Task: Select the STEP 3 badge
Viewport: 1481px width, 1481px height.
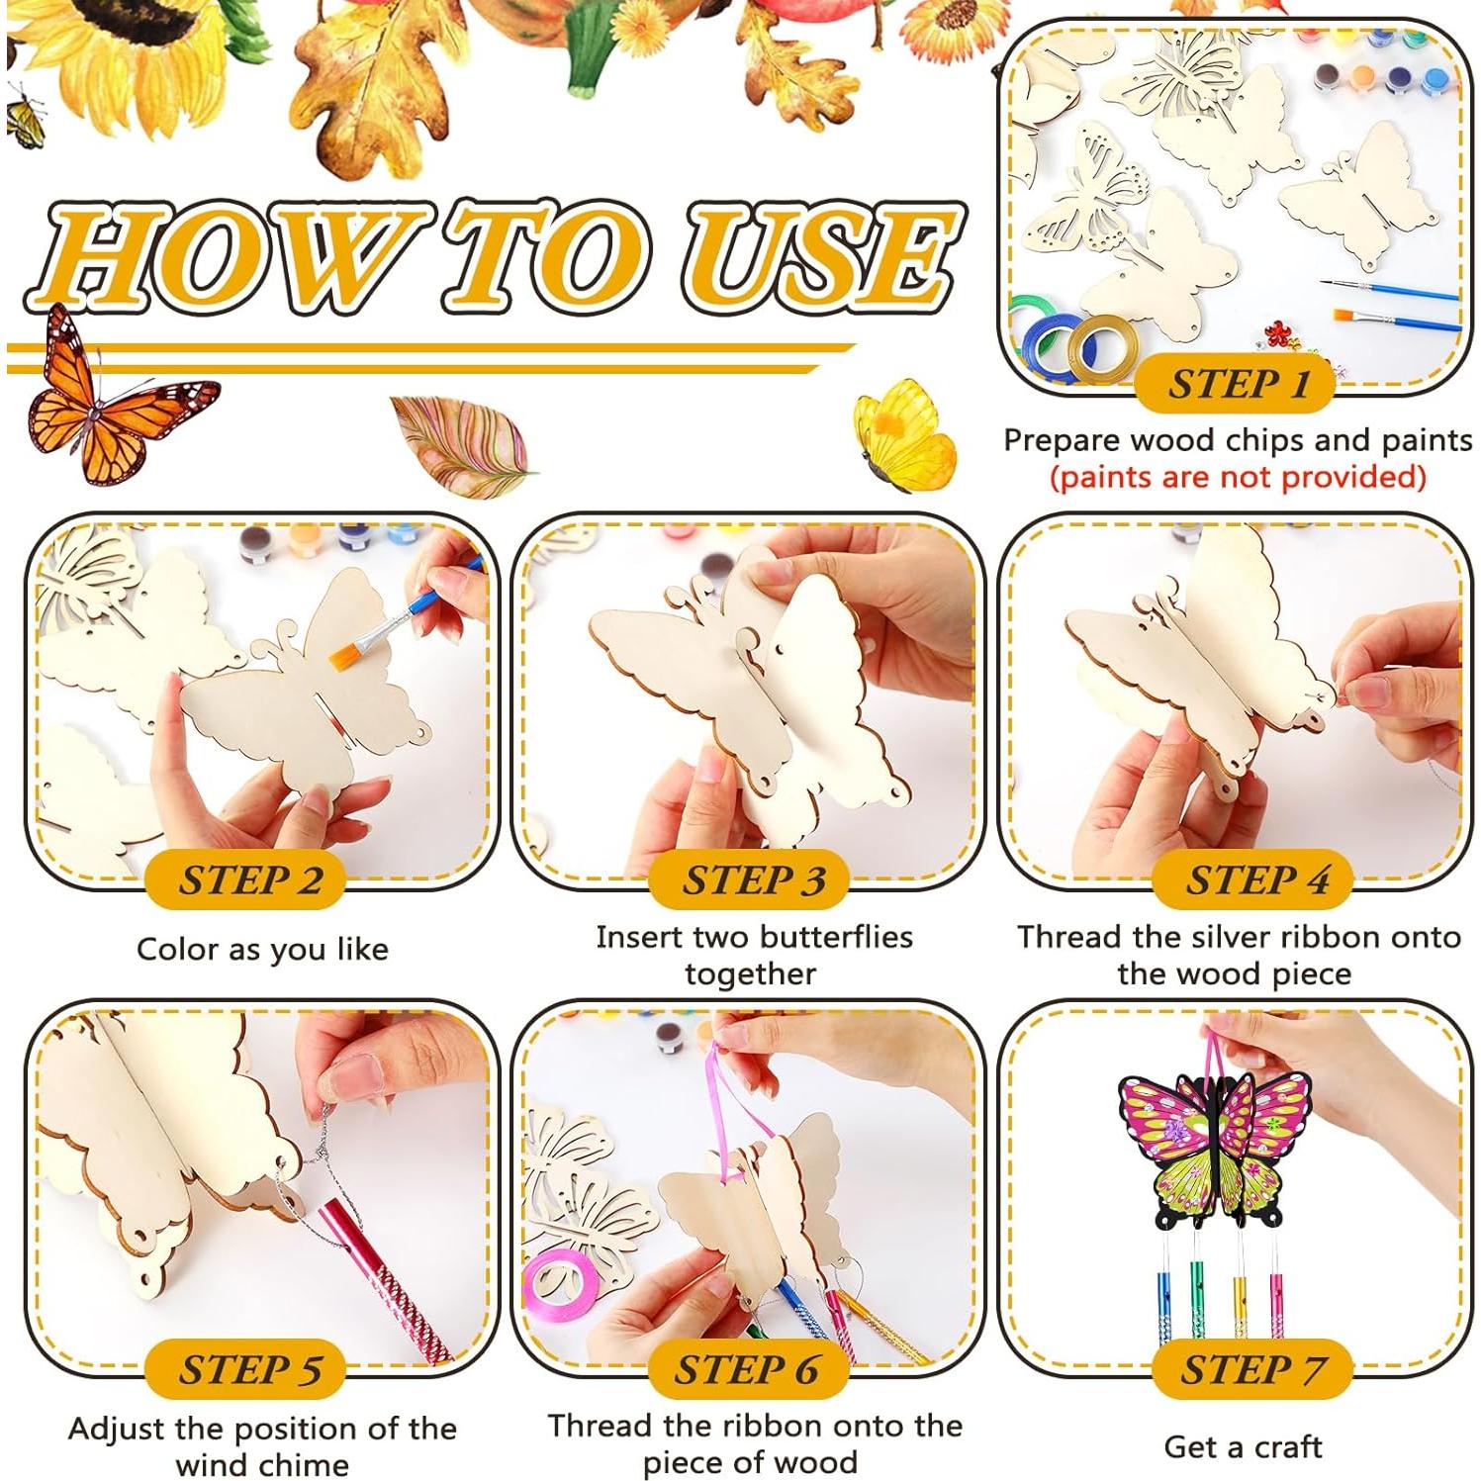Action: coord(750,879)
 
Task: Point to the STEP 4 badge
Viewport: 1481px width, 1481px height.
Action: coord(1253,879)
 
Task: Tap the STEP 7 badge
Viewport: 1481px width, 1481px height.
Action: coord(1251,1369)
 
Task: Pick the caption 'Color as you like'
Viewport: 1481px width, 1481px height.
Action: coord(262,950)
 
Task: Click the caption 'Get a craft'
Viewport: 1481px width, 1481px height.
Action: coord(1243,1446)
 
